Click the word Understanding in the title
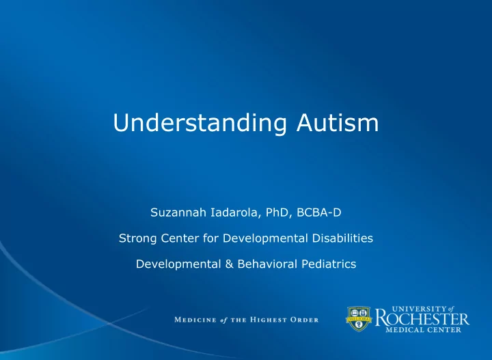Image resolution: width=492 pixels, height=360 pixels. pos(200,123)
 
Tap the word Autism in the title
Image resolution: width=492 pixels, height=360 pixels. pos(338,122)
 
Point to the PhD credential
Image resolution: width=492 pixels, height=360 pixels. pos(277,212)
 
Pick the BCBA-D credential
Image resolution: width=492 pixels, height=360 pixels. pos(319,212)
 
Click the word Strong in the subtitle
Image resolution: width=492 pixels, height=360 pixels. pos(138,238)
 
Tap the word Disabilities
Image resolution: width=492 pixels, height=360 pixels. pos(342,238)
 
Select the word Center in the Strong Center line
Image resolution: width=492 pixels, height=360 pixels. pos(180,238)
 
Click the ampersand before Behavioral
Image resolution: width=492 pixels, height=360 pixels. pos(230,264)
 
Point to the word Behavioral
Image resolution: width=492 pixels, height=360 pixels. pos(267,264)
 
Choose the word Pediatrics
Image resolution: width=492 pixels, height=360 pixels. pos(329,264)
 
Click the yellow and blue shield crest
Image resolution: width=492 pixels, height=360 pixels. pos(359,319)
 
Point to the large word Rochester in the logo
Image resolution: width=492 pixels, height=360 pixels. pos(422,318)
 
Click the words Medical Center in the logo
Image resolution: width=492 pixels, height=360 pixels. pos(423,330)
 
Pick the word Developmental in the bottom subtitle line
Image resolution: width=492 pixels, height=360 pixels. pos(178,264)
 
